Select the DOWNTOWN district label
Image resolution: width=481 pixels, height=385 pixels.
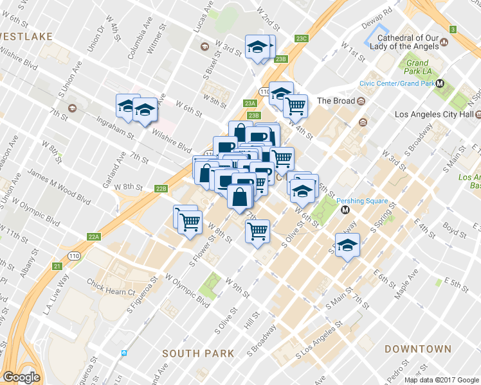coord(417,349)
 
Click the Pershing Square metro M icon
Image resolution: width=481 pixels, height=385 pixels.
coord(345,209)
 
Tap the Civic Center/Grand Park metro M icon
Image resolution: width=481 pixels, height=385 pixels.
coord(440,83)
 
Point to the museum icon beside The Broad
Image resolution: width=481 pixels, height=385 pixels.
coord(361,101)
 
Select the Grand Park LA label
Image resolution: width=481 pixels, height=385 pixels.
coord(417,67)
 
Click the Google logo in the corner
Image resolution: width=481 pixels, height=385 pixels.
coord(22,377)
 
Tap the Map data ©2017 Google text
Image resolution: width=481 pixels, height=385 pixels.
coord(440,380)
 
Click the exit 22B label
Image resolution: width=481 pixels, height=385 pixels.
coord(161,189)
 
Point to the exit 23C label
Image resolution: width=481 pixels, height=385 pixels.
coord(302,38)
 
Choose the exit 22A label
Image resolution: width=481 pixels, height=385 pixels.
coord(94,237)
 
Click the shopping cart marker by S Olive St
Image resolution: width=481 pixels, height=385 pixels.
coord(258,230)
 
